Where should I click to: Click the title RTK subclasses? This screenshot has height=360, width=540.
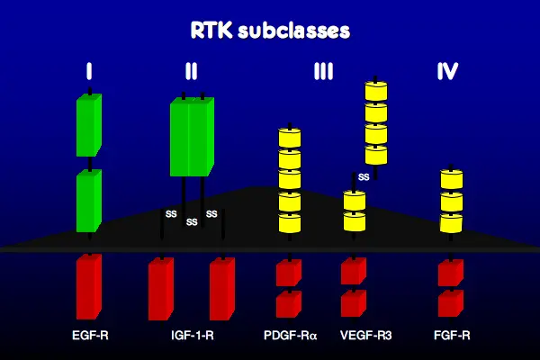pyautogui.click(x=270, y=31)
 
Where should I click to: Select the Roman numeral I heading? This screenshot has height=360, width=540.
pyautogui.click(x=89, y=71)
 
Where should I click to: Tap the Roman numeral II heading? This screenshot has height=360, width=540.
pyautogui.click(x=191, y=71)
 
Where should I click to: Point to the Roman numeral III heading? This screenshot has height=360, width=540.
pyautogui.click(x=323, y=71)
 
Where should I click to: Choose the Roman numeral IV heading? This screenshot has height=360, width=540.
pyautogui.click(x=447, y=71)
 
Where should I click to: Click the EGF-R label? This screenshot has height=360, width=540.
pyautogui.click(x=90, y=335)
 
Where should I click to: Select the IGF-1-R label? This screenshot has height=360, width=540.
pyautogui.click(x=193, y=335)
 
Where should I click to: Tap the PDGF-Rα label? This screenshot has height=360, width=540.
pyautogui.click(x=291, y=335)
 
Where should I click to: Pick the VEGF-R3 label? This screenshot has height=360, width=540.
pyautogui.click(x=365, y=335)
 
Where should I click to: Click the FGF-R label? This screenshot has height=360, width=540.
pyautogui.click(x=452, y=335)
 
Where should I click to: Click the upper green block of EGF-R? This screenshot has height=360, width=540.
pyautogui.click(x=89, y=125)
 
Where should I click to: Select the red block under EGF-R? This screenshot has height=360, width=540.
pyautogui.click(x=89, y=287)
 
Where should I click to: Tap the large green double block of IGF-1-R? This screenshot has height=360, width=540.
pyautogui.click(x=192, y=137)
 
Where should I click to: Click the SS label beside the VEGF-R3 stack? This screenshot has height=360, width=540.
pyautogui.click(x=364, y=177)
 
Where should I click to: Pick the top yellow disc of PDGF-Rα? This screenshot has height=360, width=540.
pyautogui.click(x=290, y=138)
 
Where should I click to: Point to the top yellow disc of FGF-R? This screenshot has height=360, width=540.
pyautogui.click(x=452, y=179)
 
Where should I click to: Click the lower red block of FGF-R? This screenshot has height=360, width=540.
pyautogui.click(x=451, y=303)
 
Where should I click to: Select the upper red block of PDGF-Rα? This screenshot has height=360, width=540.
pyautogui.click(x=289, y=273)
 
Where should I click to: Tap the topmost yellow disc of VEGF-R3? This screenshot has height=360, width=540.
pyautogui.click(x=376, y=91)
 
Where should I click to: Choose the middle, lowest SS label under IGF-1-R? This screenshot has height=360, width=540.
pyautogui.click(x=192, y=222)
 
